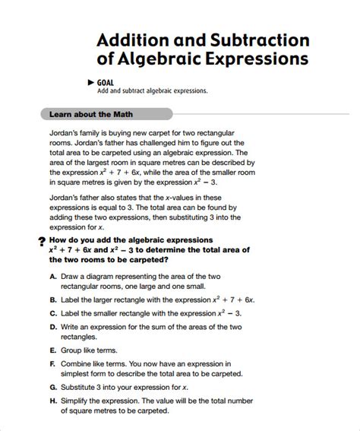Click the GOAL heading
tap(106, 82)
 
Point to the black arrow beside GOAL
tap(92, 82)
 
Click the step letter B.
tap(52, 299)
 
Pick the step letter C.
tap(52, 312)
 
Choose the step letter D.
tap(52, 326)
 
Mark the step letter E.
tap(52, 350)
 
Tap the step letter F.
tap(52, 364)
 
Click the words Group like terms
tap(92, 350)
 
